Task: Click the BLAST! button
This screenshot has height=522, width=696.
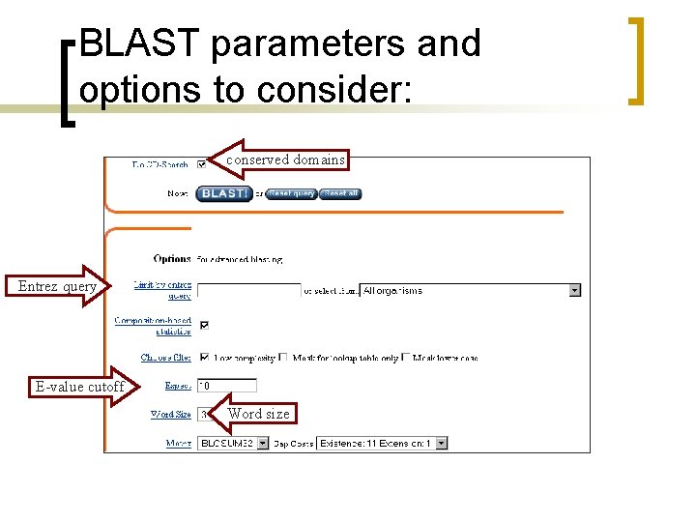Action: pyautogui.click(x=223, y=193)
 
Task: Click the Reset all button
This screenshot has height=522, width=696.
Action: pyautogui.click(x=340, y=193)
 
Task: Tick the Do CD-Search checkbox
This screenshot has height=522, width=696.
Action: pyautogui.click(x=201, y=163)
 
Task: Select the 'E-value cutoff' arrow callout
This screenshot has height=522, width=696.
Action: pyautogui.click(x=82, y=387)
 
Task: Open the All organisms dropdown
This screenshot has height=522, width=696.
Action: pyautogui.click(x=470, y=290)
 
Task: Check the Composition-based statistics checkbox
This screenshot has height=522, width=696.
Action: pyautogui.click(x=203, y=325)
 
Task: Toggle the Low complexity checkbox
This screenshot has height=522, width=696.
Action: pyautogui.click(x=203, y=357)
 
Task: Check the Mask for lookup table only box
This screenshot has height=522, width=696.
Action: pyautogui.click(x=283, y=357)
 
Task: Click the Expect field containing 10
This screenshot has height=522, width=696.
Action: pyautogui.click(x=226, y=385)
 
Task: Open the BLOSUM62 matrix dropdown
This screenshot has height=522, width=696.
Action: pyautogui.click(x=233, y=444)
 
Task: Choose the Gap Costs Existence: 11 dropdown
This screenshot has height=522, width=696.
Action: pyautogui.click(x=382, y=444)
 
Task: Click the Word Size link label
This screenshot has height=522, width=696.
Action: pyautogui.click(x=170, y=415)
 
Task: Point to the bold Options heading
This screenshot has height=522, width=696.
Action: pyautogui.click(x=172, y=259)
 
